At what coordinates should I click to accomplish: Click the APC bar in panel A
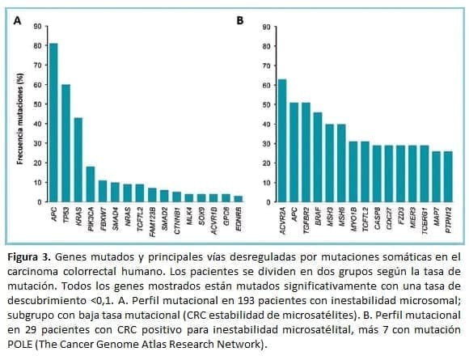click(x=53, y=121)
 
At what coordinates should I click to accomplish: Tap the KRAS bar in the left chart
click(x=78, y=159)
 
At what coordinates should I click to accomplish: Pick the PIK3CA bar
click(x=91, y=183)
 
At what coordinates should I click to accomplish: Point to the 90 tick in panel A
click(x=37, y=28)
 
